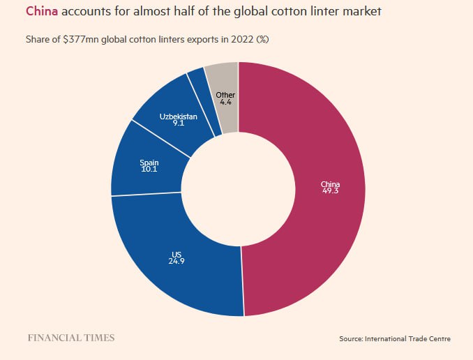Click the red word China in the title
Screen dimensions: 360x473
tap(42, 12)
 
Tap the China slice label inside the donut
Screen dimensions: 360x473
tap(330, 184)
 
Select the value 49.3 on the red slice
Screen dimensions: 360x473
tap(330, 192)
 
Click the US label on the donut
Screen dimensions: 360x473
tap(177, 254)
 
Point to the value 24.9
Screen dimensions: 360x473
tap(177, 262)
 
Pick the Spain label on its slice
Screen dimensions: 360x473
tap(149, 162)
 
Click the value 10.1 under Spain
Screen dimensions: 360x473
tap(149, 170)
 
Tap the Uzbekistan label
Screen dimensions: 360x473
tap(179, 116)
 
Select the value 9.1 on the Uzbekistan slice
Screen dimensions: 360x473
tap(179, 123)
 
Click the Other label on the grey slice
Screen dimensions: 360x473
tap(225, 95)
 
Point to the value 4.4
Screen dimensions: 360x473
tap(225, 103)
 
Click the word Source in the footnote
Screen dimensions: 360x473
tap(352, 338)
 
